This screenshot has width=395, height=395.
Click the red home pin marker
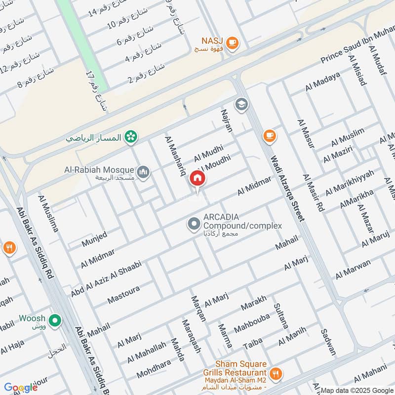click(197, 178)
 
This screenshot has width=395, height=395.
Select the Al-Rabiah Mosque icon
click(144, 172)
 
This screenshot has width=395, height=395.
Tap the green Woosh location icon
click(56, 321)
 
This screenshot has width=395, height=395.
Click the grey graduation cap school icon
click(241, 104)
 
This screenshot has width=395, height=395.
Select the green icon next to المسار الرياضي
click(130, 136)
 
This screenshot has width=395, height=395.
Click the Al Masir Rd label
click(313, 193)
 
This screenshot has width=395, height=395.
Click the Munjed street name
click(94, 238)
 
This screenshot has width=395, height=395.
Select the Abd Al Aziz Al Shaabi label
click(106, 278)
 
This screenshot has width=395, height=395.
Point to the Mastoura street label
click(123, 295)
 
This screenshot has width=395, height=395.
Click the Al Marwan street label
click(353, 269)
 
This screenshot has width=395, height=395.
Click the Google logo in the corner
click(21, 388)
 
